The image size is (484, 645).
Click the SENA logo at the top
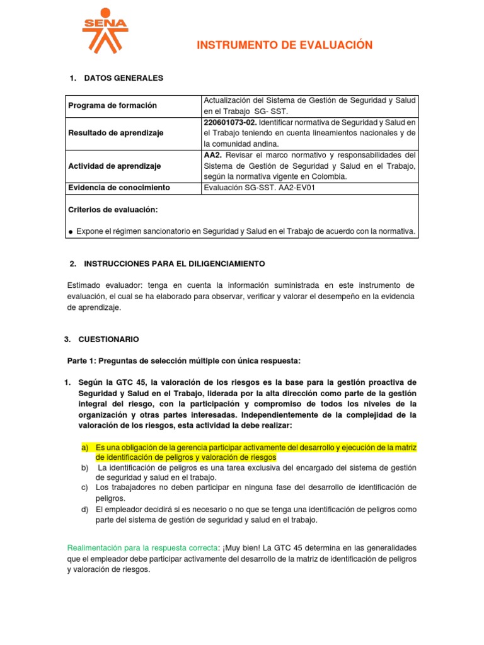pyautogui.click(x=105, y=30)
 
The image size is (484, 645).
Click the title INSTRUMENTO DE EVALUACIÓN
pyautogui.click(x=285, y=45)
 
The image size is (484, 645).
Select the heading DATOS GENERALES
pyautogui.click(x=123, y=78)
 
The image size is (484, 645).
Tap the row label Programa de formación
pyautogui.click(x=112, y=106)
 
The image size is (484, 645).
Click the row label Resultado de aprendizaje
pyautogui.click(x=115, y=133)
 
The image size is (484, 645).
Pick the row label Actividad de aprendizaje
pyautogui.click(x=114, y=166)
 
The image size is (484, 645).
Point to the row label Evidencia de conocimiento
pyautogui.click(x=119, y=188)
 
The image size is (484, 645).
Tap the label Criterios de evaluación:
pyautogui.click(x=113, y=209)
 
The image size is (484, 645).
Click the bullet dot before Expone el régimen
pyautogui.click(x=71, y=232)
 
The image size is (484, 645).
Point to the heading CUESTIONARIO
pyautogui.click(x=109, y=339)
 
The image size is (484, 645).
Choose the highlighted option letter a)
pyautogui.click(x=85, y=447)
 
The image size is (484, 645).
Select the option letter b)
pyautogui.click(x=84, y=467)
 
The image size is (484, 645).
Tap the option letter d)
pyautogui.click(x=84, y=509)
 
